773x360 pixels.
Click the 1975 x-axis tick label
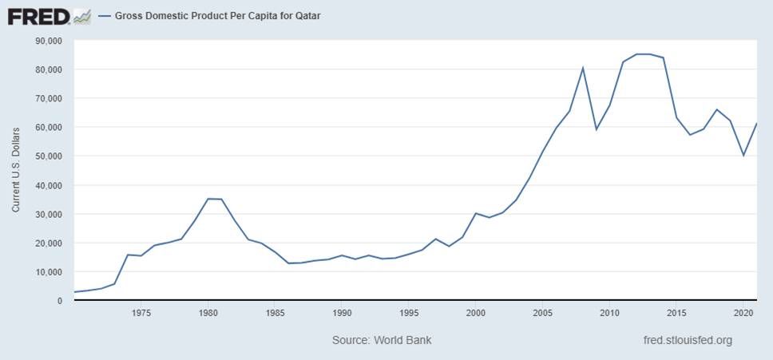[141, 313]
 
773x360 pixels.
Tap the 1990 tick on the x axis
[342, 313]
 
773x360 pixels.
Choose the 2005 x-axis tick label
[542, 313]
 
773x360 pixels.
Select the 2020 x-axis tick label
[743, 313]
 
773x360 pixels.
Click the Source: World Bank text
[382, 340]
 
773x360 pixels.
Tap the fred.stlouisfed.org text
[687, 340]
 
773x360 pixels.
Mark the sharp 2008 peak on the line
[583, 68]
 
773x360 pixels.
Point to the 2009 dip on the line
[596, 129]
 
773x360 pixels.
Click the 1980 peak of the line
[208, 199]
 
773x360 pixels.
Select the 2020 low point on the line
[743, 155]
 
